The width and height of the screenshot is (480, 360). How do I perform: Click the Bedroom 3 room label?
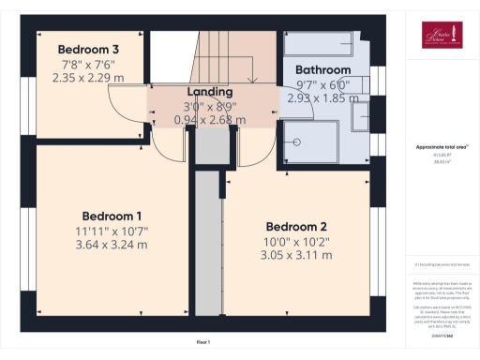88,50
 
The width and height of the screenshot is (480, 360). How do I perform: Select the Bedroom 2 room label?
295,226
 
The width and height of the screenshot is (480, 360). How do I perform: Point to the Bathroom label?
322,70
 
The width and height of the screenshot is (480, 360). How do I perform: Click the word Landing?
210,92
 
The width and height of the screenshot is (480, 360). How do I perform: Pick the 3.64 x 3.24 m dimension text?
112,245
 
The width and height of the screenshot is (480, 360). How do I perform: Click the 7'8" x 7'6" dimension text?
88,65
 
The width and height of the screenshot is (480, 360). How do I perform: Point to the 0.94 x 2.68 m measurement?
210,120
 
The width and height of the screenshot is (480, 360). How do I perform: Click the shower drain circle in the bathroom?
297,143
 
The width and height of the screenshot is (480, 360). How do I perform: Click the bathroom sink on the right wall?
360,116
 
